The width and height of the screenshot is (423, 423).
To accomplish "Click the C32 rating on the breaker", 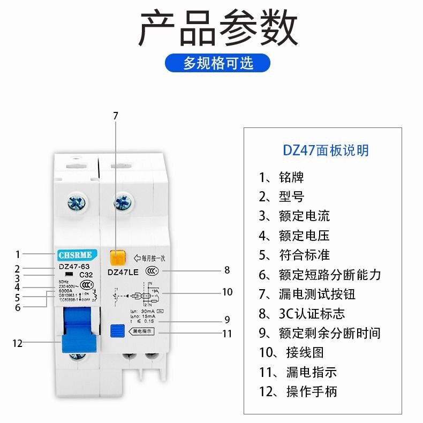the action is click(86, 275).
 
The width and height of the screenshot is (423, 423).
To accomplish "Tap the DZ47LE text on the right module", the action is click(123, 271).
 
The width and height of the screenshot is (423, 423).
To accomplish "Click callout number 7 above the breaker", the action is click(116, 115).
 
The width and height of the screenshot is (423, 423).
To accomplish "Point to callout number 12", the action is click(17, 343).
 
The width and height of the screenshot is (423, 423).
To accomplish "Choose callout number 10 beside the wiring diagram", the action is click(227, 292).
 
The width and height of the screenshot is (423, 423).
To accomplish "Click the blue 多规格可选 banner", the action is click(217, 63).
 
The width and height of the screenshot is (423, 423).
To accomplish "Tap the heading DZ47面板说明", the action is click(326, 150).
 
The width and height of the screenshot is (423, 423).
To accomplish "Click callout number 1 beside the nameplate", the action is click(17, 255).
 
